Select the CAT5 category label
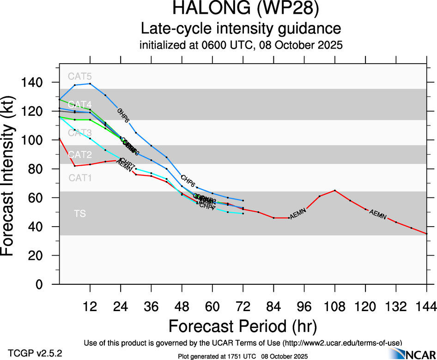pos(80,77)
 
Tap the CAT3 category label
pos(80,133)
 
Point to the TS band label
pos(80,214)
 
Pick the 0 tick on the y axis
pos(46,285)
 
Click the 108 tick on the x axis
pos(335,306)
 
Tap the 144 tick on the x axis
pos(426,306)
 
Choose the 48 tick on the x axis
pos(182,306)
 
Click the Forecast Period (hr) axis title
pos(243,326)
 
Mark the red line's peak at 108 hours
pos(335,190)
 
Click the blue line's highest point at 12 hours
pos(90,84)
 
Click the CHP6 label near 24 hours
pos(123,115)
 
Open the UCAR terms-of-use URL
pos(341,343)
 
